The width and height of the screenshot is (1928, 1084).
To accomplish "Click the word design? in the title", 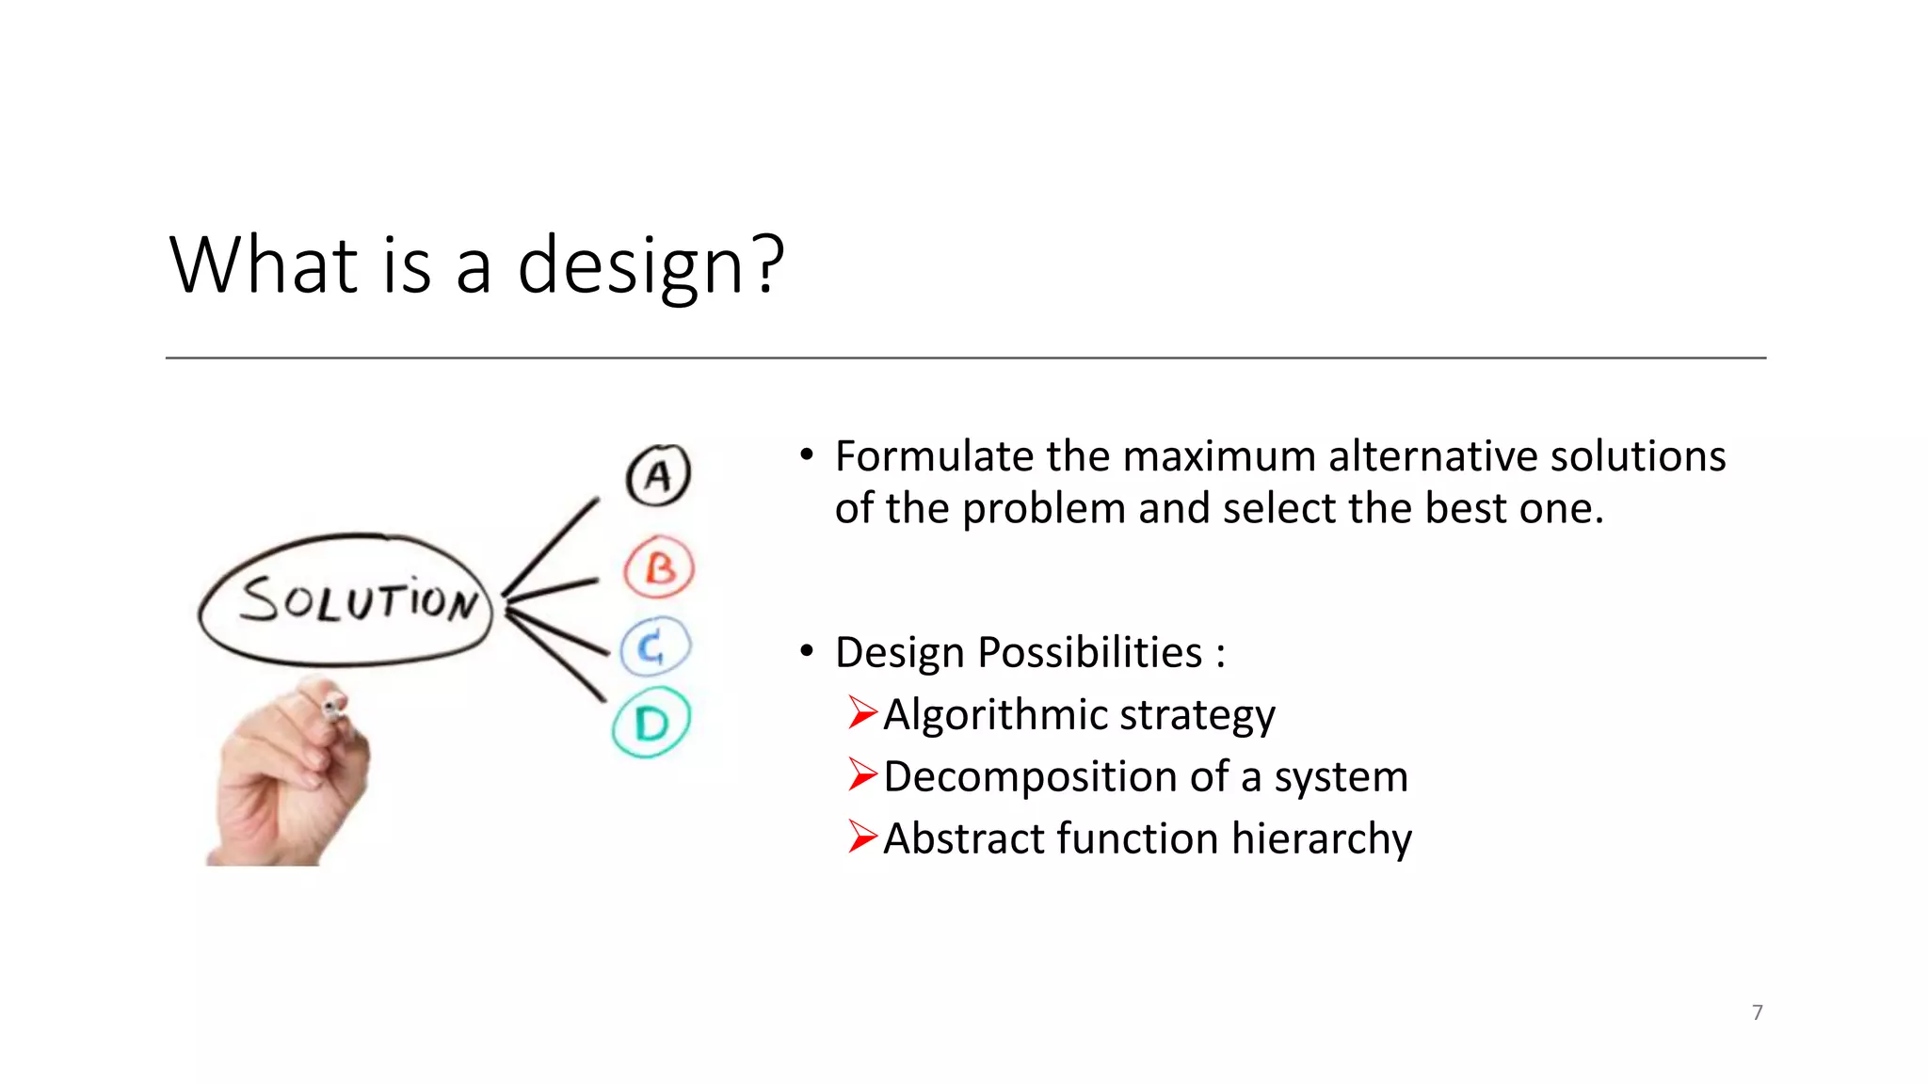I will click(650, 266).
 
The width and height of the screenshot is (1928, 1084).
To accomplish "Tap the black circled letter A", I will click(658, 475).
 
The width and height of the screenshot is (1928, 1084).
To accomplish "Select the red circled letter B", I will click(659, 568).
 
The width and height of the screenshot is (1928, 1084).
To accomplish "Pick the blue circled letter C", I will click(655, 646).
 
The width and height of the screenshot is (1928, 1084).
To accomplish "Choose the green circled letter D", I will click(651, 724).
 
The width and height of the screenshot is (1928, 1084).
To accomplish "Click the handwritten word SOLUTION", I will click(358, 599).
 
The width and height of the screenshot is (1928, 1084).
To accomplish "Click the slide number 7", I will click(1757, 1012).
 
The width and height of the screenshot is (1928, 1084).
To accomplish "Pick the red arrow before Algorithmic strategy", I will click(862, 713).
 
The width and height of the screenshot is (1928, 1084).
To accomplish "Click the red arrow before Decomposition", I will click(862, 775).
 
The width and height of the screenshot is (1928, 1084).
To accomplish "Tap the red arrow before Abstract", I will click(862, 837).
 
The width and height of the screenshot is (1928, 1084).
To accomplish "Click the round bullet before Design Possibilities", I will click(806, 651).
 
